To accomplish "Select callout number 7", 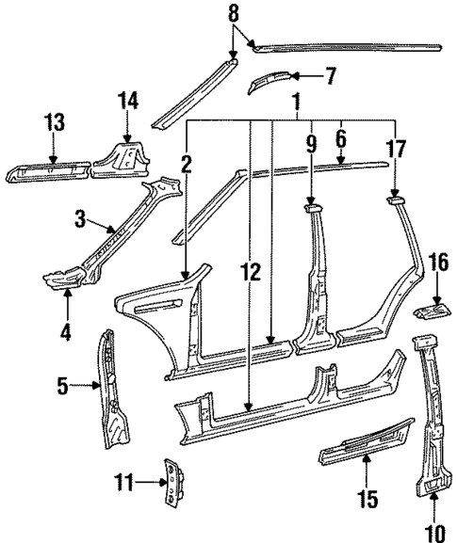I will pos(329,75).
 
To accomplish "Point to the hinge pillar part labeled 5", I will pos(112,386).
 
